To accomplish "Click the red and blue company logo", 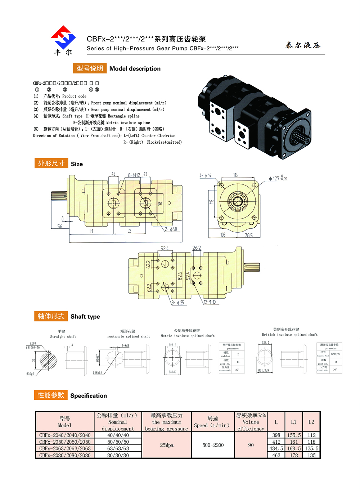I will [63, 37].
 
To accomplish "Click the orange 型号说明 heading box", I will [90, 68].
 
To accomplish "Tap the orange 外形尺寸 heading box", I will [51, 164].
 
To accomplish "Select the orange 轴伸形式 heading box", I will [51, 316].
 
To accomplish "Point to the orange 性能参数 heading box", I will [51, 395].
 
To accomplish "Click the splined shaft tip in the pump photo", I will [301, 137].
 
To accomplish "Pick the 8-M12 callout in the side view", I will [134, 175].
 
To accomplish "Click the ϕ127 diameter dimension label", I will [278, 178].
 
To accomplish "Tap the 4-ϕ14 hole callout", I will [205, 176].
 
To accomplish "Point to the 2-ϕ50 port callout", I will [171, 229].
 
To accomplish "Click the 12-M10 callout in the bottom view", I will [210, 302].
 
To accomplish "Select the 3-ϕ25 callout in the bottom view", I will [178, 303].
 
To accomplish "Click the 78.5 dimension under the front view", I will [248, 235].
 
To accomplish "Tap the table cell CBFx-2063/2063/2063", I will [65, 448].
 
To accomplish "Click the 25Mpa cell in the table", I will [167, 445].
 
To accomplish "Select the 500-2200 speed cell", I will [213, 445].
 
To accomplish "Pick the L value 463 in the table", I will [276, 455].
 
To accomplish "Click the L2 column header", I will [311, 422].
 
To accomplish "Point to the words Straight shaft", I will [63, 337].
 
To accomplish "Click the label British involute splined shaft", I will [289, 335].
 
